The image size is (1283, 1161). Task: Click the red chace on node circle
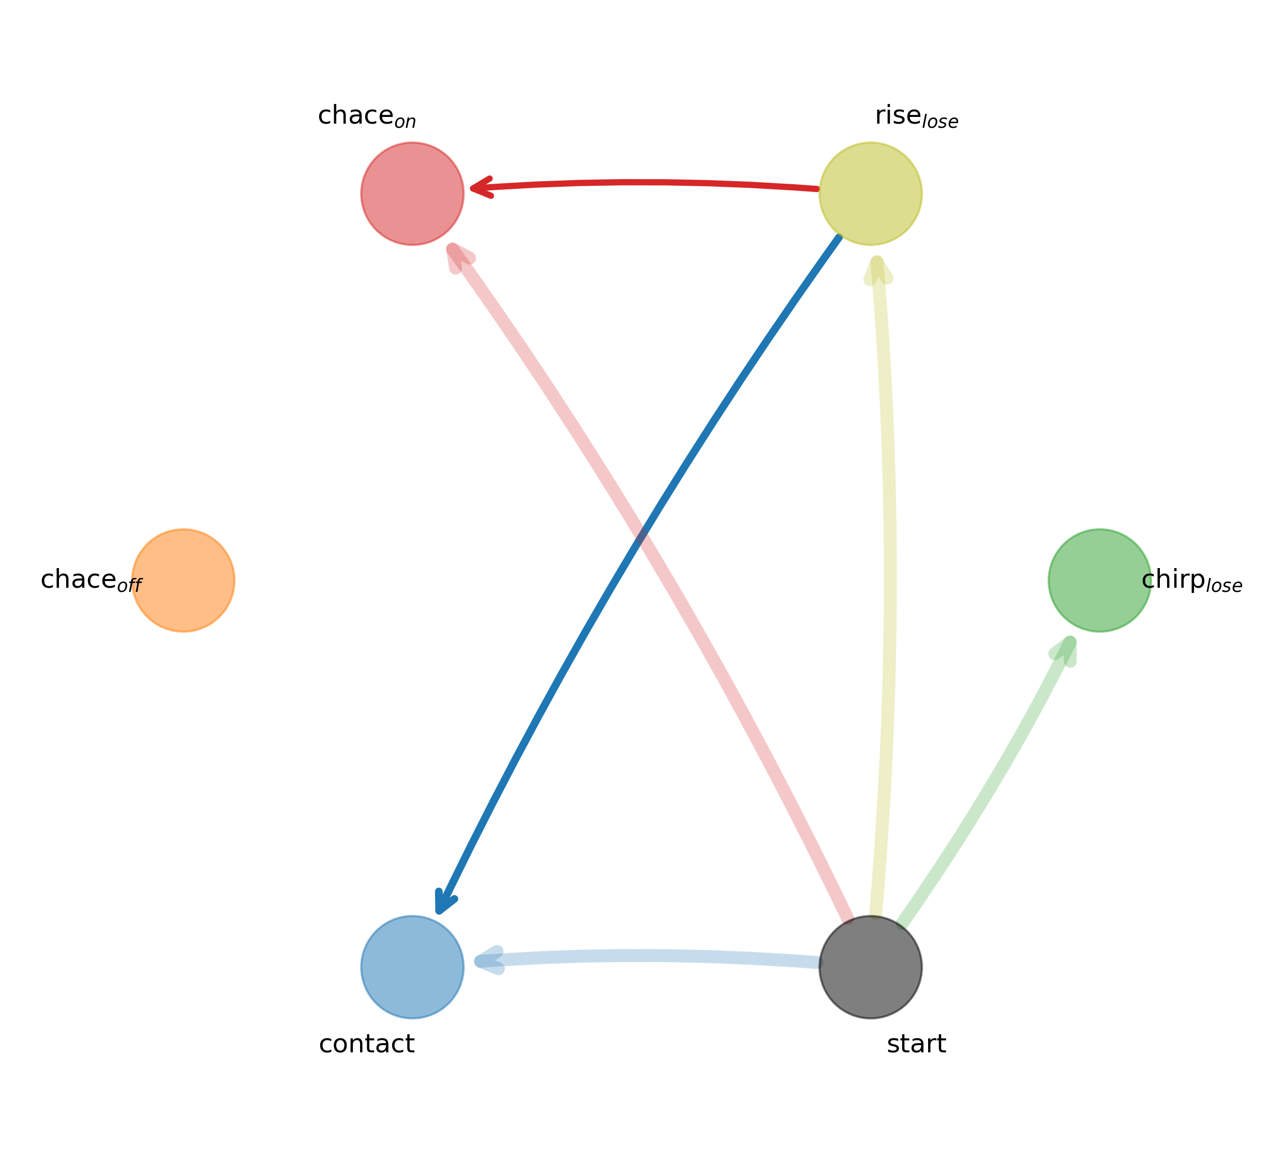(412, 193)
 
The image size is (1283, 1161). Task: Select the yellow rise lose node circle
(870, 193)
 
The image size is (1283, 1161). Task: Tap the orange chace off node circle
(183, 580)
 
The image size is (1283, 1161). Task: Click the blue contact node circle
(412, 967)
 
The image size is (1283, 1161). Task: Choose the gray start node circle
(870, 967)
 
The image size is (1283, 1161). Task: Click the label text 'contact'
(367, 1045)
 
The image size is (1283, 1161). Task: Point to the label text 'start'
(916, 1045)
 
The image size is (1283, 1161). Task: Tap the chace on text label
(367, 116)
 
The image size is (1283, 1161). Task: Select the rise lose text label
(916, 117)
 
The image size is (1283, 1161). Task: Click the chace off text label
(91, 581)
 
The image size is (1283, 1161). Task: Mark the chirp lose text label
(1191, 581)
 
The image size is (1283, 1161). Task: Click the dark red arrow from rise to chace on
(643, 183)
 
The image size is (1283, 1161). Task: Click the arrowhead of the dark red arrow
(478, 188)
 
